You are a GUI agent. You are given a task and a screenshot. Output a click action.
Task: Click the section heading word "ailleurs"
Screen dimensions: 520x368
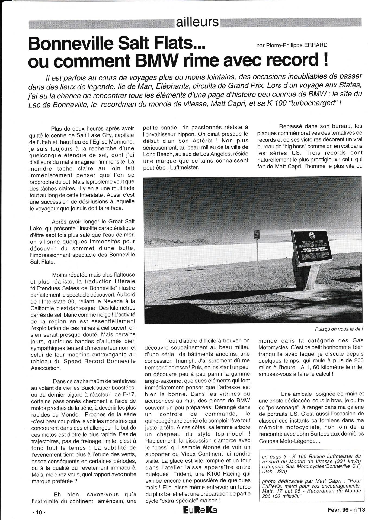[x=197, y=22]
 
